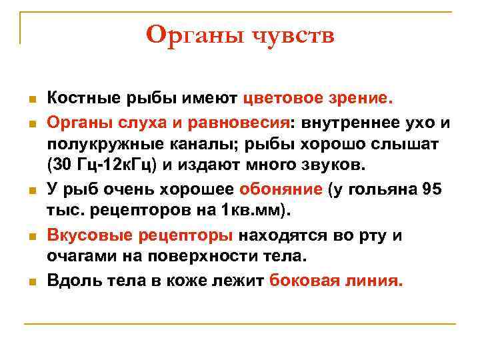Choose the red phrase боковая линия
pos(336,281)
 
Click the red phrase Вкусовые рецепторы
pos(140,235)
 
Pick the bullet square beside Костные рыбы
pos(31,100)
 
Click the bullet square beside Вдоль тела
pos(31,282)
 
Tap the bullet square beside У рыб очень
pos(31,191)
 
